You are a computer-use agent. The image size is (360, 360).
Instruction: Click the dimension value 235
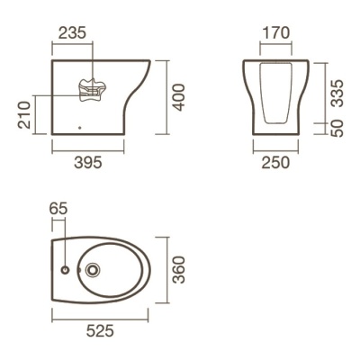coord(72,33)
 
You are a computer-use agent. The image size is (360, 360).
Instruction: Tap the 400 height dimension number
coord(179,97)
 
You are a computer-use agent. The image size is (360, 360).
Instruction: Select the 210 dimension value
coord(24,115)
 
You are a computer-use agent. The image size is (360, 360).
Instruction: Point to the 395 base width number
coord(88,163)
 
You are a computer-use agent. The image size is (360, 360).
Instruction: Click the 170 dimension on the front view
coord(276,33)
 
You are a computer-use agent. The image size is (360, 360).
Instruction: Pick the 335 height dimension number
coord(337,93)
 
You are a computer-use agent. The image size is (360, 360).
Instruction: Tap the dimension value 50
coord(337,129)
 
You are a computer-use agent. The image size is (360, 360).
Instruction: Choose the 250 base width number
coord(275,163)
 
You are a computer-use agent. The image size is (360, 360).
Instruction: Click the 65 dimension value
coord(58,209)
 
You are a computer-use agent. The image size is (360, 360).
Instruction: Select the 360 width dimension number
coord(179,270)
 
